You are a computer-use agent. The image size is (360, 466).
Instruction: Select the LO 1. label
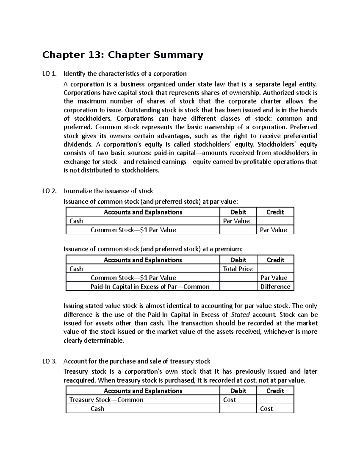[x=49, y=74]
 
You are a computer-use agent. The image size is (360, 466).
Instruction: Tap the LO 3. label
[x=49, y=361]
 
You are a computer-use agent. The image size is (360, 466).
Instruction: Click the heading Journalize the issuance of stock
[x=108, y=191]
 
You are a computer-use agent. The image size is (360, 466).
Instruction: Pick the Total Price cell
[x=238, y=269]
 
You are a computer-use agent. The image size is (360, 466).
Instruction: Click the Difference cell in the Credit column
[x=275, y=287]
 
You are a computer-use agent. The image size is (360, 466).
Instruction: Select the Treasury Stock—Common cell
[x=106, y=400]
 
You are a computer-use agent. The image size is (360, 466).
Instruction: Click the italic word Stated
[x=241, y=315]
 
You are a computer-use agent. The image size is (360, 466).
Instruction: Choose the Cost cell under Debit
[x=229, y=400]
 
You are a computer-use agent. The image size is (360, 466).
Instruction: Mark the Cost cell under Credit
[x=266, y=409]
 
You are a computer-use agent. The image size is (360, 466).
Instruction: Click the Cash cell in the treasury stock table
[x=97, y=409]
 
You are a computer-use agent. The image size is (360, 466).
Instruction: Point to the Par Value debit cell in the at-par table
[x=236, y=221]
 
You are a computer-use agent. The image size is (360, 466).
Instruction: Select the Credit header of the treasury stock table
[x=275, y=391]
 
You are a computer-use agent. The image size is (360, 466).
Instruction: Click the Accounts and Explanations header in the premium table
[x=143, y=260]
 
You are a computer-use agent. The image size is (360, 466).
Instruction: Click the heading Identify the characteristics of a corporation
[x=125, y=74]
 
